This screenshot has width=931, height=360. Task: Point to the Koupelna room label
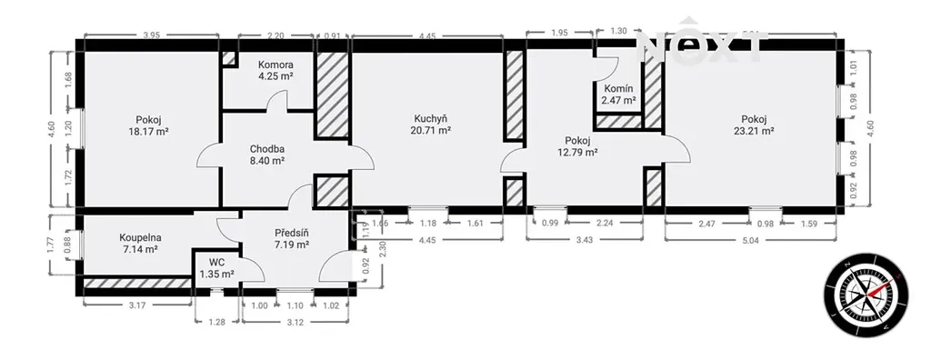pos(139,237)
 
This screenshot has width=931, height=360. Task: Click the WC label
pos(216,262)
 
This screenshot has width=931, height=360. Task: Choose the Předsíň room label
pos(292,232)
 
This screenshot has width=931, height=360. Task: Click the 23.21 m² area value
pos(754,132)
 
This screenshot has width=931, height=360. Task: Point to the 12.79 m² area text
pos(577,153)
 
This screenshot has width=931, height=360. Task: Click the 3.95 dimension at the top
pos(152,35)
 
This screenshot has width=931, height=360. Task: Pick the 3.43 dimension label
pos(585,239)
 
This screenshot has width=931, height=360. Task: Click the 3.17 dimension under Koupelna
pos(138,305)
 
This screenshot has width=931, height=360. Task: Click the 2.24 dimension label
pos(605,224)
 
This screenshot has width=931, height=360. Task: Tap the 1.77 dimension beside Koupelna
pos(51,245)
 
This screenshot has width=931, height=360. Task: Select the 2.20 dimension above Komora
pos(275,35)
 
